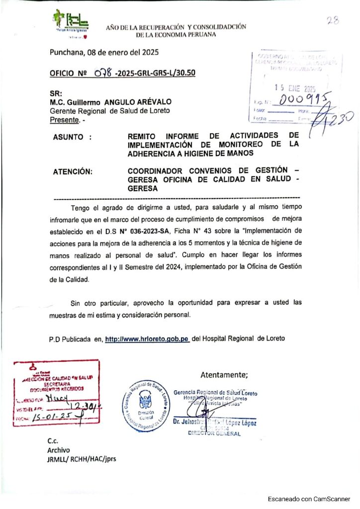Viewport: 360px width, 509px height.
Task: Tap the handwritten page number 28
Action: [x=333, y=20]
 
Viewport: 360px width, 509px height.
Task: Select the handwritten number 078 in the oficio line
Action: [x=103, y=73]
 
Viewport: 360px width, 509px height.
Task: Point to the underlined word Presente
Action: [x=65, y=120]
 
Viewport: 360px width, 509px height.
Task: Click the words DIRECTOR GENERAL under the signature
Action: [x=214, y=433]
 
